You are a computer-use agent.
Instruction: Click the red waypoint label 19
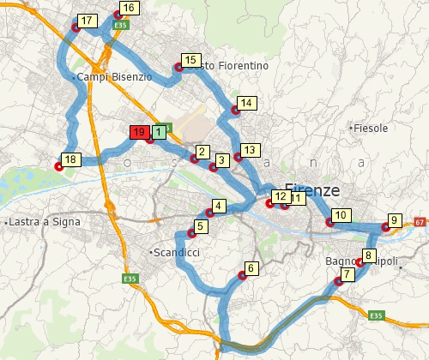(x=138, y=132)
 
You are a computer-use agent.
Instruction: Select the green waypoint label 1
(x=159, y=132)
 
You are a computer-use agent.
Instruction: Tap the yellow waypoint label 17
(x=87, y=20)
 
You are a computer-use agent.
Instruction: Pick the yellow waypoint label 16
(x=128, y=8)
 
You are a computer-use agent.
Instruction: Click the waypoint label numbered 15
(x=190, y=60)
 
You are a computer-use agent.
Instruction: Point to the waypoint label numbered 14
(x=246, y=104)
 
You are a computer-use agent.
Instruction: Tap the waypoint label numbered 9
(x=394, y=220)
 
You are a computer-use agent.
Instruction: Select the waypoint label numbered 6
(x=251, y=268)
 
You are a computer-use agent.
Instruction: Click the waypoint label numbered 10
(x=341, y=215)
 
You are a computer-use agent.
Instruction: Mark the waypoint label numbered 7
(x=347, y=274)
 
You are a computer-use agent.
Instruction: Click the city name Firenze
(x=311, y=190)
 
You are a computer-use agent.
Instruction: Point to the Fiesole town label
(x=371, y=128)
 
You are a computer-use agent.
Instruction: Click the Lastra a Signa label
(x=44, y=222)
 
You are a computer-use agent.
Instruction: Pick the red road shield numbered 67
(x=420, y=222)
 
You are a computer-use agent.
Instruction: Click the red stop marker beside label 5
(x=190, y=234)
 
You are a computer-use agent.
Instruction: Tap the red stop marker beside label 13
(x=238, y=157)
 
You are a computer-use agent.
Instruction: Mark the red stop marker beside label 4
(x=208, y=213)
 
